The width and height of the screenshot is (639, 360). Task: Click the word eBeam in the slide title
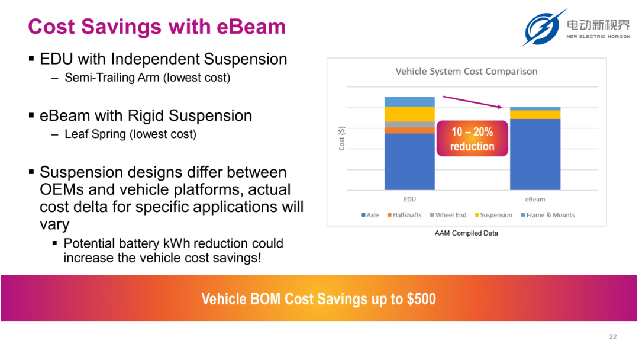(251, 27)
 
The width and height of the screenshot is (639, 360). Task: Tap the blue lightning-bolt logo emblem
(543, 28)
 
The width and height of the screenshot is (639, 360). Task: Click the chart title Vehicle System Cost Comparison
(466, 71)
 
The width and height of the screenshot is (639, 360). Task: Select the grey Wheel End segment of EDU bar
(409, 124)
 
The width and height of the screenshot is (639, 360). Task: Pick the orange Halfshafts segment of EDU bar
(409, 130)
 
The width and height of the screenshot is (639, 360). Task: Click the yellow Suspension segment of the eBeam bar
(535, 114)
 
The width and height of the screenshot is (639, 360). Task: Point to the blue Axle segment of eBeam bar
(535, 155)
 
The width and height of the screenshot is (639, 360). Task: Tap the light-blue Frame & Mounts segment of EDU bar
(409, 101)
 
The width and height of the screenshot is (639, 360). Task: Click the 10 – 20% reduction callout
(472, 139)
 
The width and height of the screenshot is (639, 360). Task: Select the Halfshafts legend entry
(404, 215)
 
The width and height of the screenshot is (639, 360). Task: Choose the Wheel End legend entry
(448, 215)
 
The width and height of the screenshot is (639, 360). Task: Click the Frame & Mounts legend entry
(548, 215)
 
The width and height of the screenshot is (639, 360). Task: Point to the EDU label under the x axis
(409, 200)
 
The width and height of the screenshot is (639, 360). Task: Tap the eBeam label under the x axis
(535, 200)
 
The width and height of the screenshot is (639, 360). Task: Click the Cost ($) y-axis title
(341, 138)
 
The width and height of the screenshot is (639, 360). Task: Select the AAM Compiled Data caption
(466, 233)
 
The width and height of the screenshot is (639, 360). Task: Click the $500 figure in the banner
(421, 299)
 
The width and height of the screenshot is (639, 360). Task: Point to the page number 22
(613, 337)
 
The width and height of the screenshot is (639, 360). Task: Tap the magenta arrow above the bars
(472, 102)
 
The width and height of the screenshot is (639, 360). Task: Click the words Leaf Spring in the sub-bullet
(95, 134)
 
